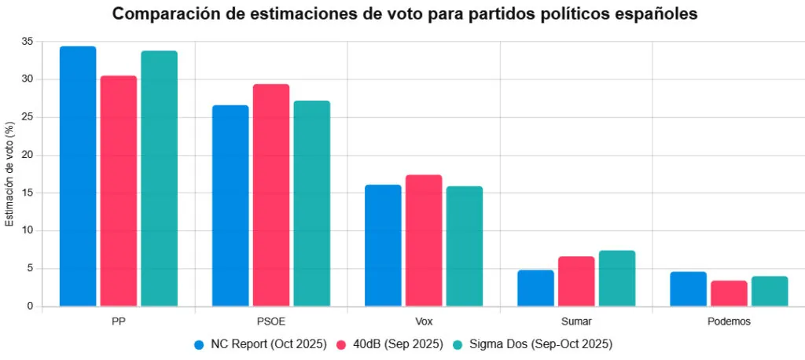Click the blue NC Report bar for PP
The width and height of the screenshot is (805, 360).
point(78,176)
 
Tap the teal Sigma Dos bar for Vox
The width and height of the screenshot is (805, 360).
point(464,246)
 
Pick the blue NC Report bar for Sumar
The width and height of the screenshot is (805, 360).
point(535,288)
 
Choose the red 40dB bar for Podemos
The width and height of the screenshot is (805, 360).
point(728,293)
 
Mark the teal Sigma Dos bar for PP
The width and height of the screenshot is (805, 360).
point(159,178)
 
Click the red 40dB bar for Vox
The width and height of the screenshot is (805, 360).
point(424,241)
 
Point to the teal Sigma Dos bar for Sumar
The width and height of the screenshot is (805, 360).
point(616,278)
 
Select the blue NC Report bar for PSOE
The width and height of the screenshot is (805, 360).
point(230,205)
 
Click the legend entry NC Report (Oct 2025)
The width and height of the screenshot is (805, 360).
point(260,344)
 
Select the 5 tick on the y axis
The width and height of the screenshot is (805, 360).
point(30,268)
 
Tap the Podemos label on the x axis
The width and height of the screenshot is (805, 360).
point(728,321)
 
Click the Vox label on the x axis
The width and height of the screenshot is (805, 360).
point(424,321)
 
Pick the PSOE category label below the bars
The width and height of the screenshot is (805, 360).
point(271,321)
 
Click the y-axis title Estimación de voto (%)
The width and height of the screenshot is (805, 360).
point(9,174)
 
